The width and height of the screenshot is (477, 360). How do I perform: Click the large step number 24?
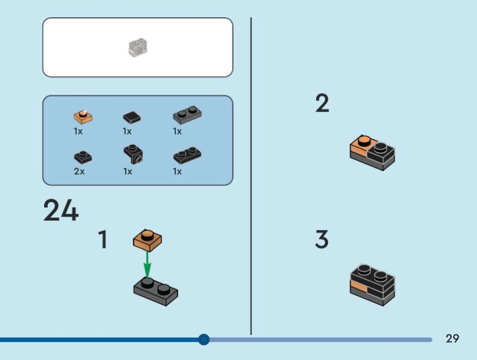click(x=61, y=210)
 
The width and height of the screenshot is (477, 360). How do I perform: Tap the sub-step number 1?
click(x=103, y=240)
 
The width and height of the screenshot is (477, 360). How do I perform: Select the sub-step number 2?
click(x=322, y=104)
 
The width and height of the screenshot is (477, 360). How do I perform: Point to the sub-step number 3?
click(x=322, y=240)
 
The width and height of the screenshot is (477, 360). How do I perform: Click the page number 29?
click(x=453, y=339)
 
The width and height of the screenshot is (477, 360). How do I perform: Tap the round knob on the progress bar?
click(x=204, y=340)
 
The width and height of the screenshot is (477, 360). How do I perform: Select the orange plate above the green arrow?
click(x=147, y=239)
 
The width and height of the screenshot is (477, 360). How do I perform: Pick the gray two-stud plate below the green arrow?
click(x=155, y=290)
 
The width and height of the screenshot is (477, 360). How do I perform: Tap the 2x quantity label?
click(x=79, y=171)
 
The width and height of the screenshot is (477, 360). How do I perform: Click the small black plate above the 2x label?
click(x=82, y=156)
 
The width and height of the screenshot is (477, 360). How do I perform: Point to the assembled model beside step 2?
click(x=373, y=153)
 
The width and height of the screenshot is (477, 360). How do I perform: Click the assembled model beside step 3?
click(x=373, y=284)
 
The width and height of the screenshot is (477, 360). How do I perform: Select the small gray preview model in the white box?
click(x=138, y=48)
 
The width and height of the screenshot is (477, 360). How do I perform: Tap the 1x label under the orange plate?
click(x=78, y=131)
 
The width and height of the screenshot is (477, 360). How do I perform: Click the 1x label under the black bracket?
click(x=128, y=171)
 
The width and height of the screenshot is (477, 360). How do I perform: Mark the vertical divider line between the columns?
click(x=251, y=179)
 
